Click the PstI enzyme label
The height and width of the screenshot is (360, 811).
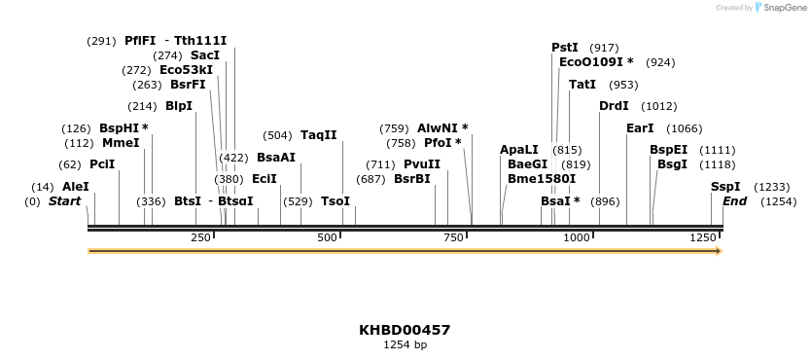564,48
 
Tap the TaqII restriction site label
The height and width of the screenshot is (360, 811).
318,135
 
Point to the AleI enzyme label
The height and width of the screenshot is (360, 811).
75,187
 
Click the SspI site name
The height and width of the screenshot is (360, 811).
724,187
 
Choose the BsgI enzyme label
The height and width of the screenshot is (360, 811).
672,164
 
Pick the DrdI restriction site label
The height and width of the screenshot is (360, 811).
614,106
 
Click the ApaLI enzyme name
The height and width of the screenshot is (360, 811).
518,150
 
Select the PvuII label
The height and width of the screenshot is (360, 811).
421,164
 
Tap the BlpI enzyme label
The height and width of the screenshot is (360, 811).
179,106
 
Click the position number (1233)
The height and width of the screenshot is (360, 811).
772,187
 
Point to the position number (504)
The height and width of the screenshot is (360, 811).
277,135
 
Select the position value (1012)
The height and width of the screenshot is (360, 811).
659,106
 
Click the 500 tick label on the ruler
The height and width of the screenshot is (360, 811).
327,238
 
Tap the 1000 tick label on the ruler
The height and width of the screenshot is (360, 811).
577,238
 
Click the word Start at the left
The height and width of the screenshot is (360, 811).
64,201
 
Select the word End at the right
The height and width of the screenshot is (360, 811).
734,201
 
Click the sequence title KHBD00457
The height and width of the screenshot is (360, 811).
405,330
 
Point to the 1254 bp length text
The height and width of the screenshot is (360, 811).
405,344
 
